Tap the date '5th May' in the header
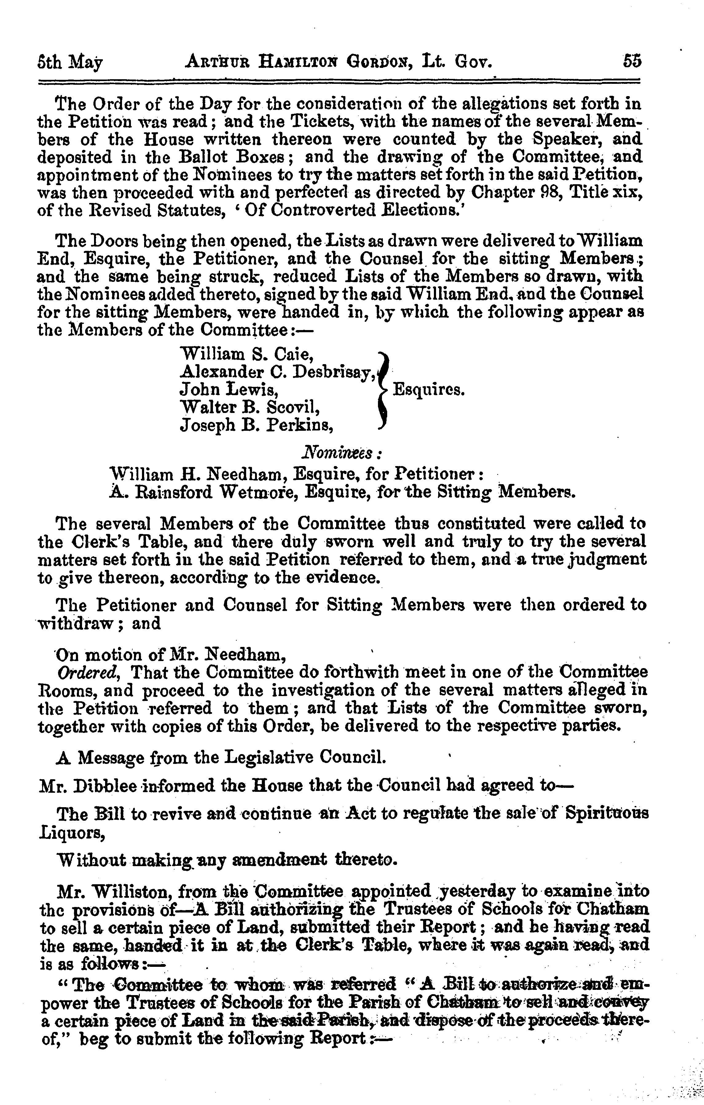click(69, 63)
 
